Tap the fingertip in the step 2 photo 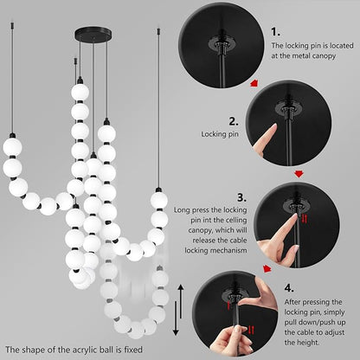[x=272, y=128]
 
